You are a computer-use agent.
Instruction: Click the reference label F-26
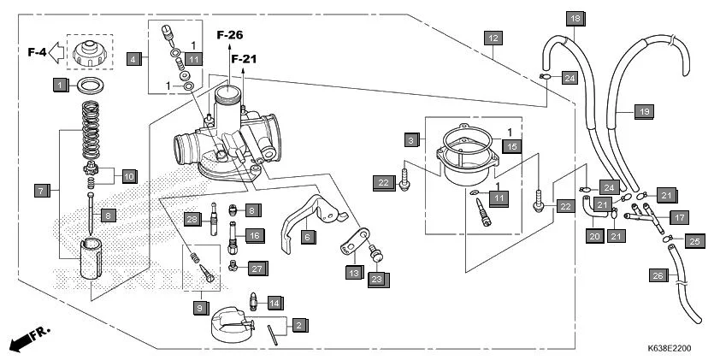click(x=229, y=35)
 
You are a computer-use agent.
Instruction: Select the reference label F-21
click(x=244, y=59)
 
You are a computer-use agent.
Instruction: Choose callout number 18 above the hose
click(x=575, y=19)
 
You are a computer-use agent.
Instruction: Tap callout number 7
click(x=40, y=190)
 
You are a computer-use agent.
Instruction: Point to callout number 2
click(x=298, y=325)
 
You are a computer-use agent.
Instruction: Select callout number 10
click(x=128, y=176)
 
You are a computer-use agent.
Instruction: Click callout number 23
click(x=378, y=278)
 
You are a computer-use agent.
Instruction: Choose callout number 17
click(x=679, y=217)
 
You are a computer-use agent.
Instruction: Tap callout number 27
click(x=255, y=269)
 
